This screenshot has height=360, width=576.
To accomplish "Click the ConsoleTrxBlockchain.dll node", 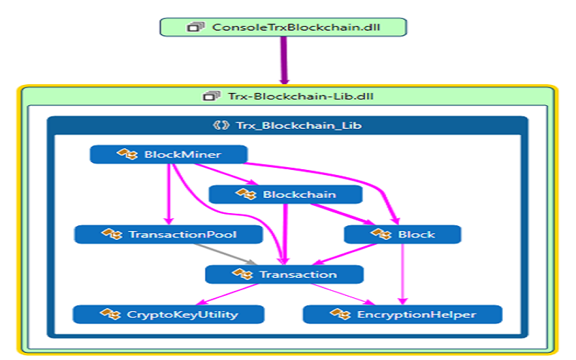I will pyautogui.click(x=283, y=27).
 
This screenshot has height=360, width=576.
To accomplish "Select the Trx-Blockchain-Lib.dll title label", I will pyautogui.click(x=288, y=96).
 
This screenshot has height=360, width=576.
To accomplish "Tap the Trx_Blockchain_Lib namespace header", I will pyautogui.click(x=288, y=125).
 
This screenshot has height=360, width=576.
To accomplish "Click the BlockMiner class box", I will pyautogui.click(x=168, y=154).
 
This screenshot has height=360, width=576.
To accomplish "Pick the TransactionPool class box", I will pyautogui.click(x=166, y=234).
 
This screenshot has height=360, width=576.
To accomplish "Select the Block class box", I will pyautogui.click(x=402, y=234).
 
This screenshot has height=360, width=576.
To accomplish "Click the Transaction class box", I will pyautogui.click(x=284, y=274).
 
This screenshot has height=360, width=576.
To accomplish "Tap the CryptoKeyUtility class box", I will pyautogui.click(x=168, y=314).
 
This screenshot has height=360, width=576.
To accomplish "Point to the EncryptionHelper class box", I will pyautogui.click(x=402, y=314).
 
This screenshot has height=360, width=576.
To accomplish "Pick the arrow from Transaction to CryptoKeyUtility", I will pyautogui.click(x=230, y=294).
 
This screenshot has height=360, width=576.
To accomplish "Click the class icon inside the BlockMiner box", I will pyautogui.click(x=127, y=154).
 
